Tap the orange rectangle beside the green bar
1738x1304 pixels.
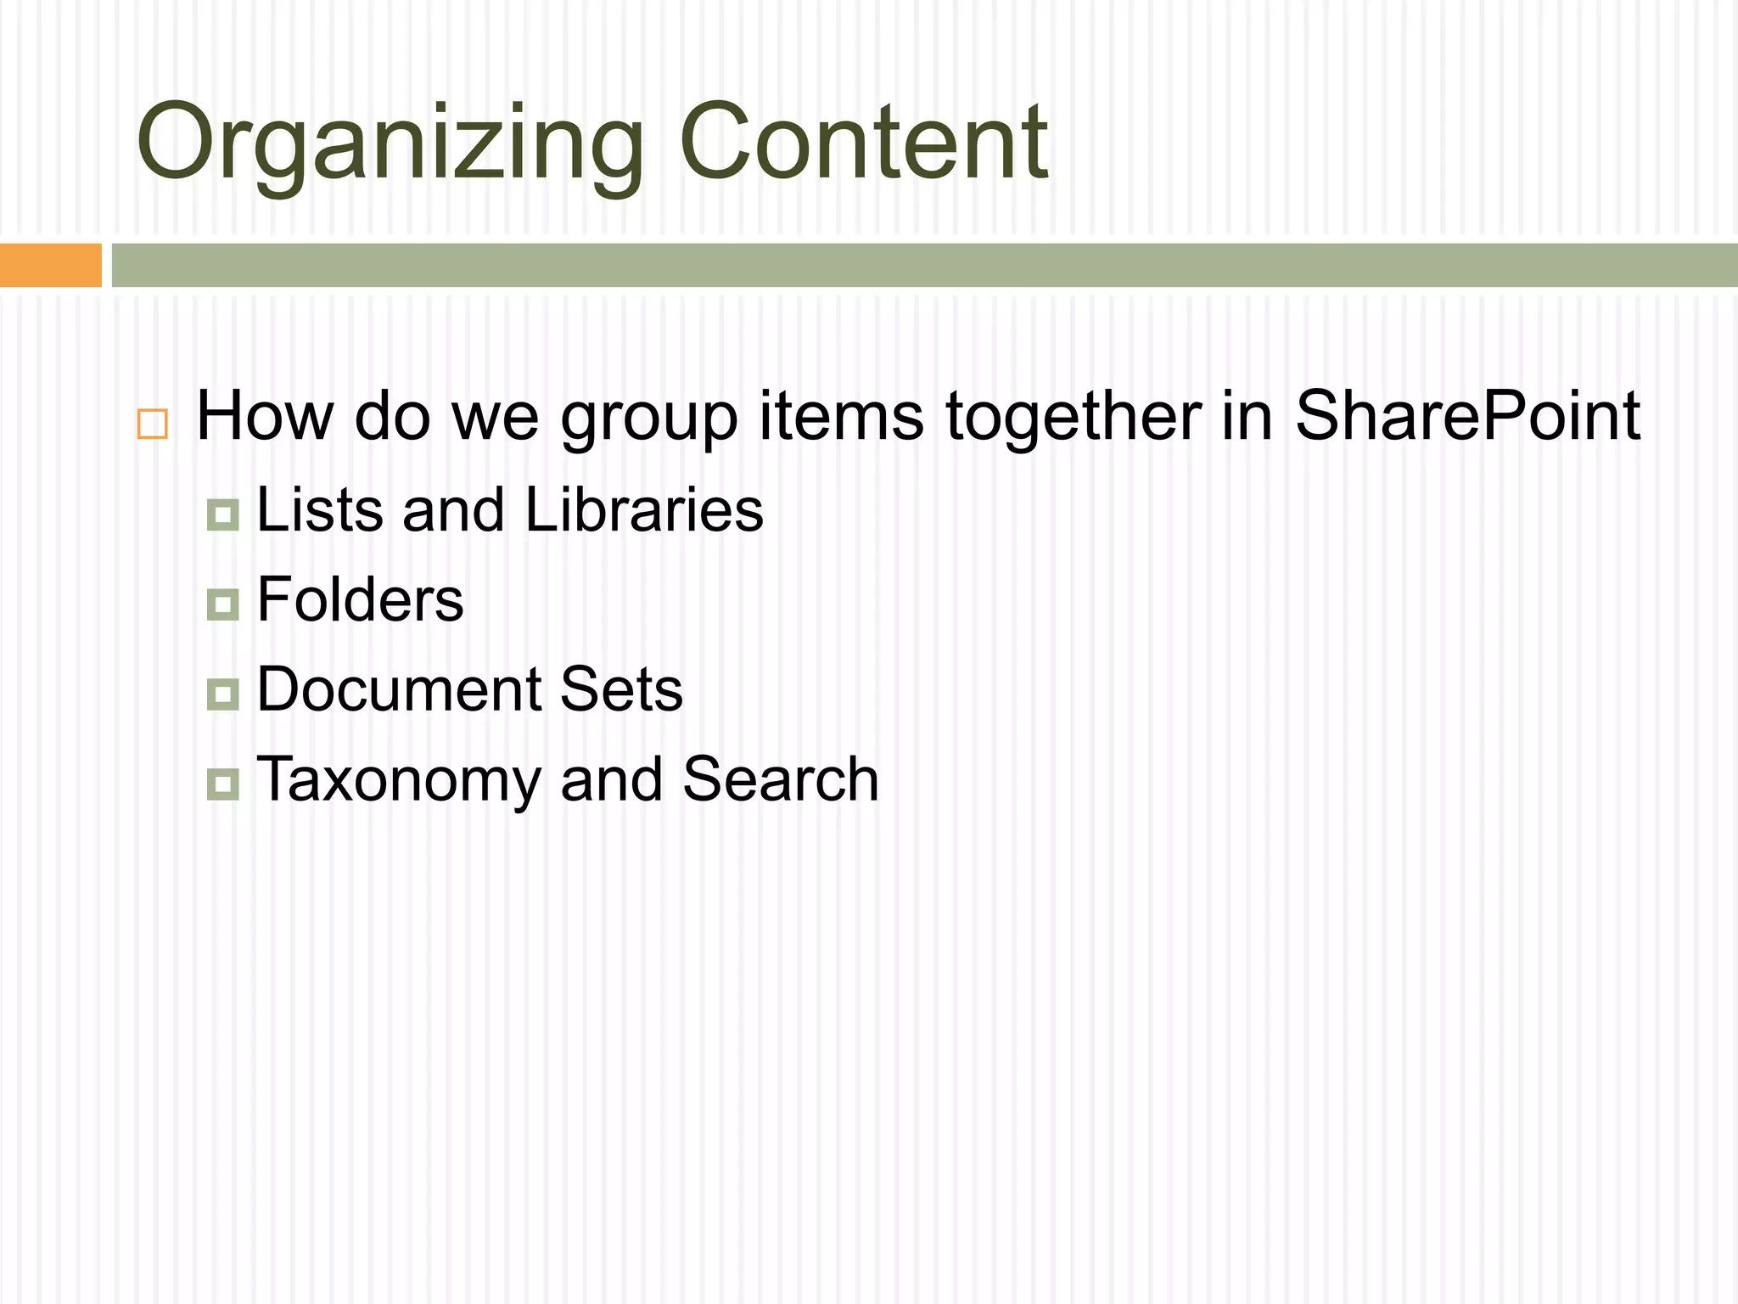coord(50,265)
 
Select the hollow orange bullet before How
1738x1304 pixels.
coord(153,424)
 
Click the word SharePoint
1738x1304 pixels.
coord(1467,416)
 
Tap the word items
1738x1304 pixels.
coord(841,416)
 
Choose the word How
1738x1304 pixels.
coord(265,416)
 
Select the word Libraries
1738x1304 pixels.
coord(644,510)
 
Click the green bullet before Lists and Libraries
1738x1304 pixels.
coord(223,514)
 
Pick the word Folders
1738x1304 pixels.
coord(360,599)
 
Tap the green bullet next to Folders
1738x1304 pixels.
coord(223,604)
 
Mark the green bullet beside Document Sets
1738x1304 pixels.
coord(223,694)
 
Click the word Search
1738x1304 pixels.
coord(781,778)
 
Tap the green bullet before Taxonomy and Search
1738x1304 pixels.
coord(223,784)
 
